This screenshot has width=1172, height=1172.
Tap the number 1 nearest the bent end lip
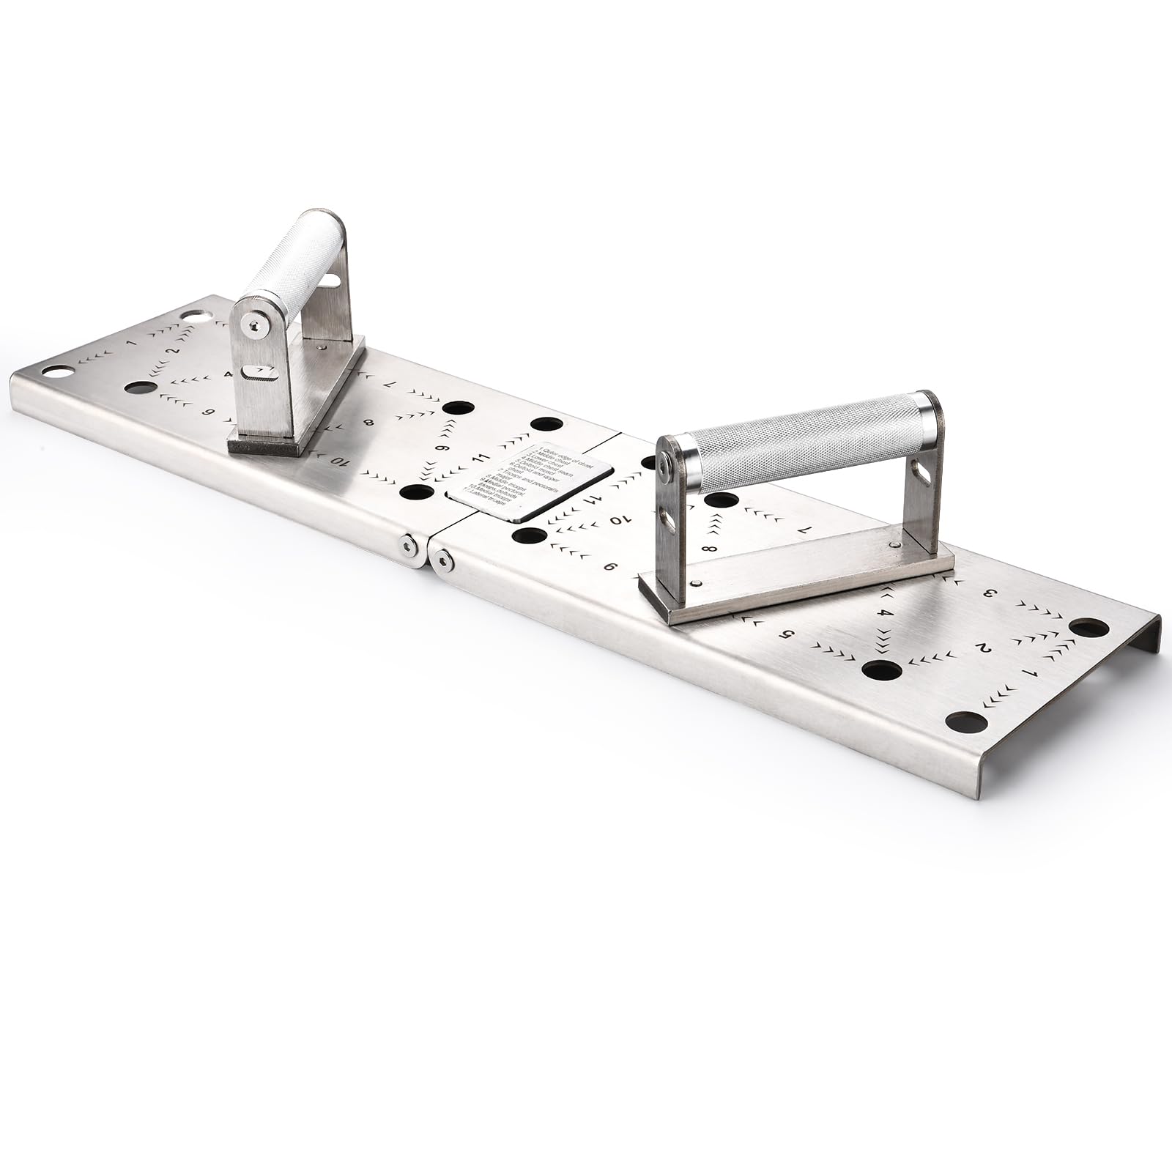[x=1034, y=672]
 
